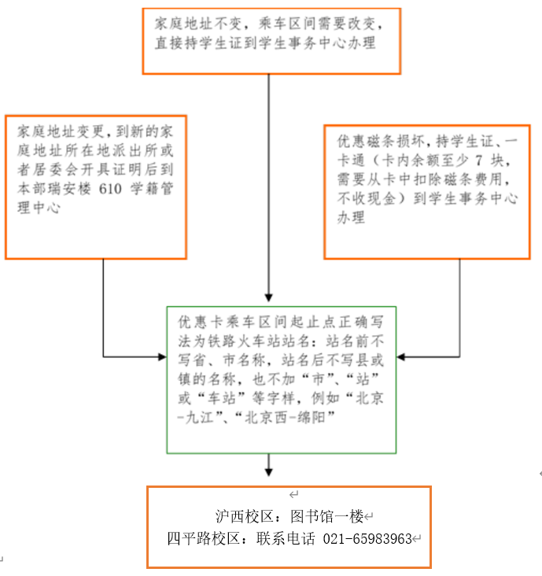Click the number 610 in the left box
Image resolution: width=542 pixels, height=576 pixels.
coord(110,189)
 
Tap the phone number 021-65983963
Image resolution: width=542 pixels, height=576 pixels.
coord(367,539)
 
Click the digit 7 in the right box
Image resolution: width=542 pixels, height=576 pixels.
coord(478,161)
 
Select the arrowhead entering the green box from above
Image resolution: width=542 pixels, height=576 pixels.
coord(269,297)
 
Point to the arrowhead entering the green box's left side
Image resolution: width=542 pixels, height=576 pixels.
coord(162,356)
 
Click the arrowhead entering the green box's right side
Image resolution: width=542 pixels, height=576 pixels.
coord(401,356)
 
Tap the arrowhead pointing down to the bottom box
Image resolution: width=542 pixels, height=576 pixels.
coord(269,472)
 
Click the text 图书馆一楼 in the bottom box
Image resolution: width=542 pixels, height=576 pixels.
coord(326,516)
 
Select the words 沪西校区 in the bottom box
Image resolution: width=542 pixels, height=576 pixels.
coord(245,516)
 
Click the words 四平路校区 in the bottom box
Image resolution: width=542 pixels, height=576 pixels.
coord(204,539)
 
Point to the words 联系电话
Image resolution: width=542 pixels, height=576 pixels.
coord(286,539)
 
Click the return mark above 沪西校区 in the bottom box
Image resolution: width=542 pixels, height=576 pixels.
coord(293,494)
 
